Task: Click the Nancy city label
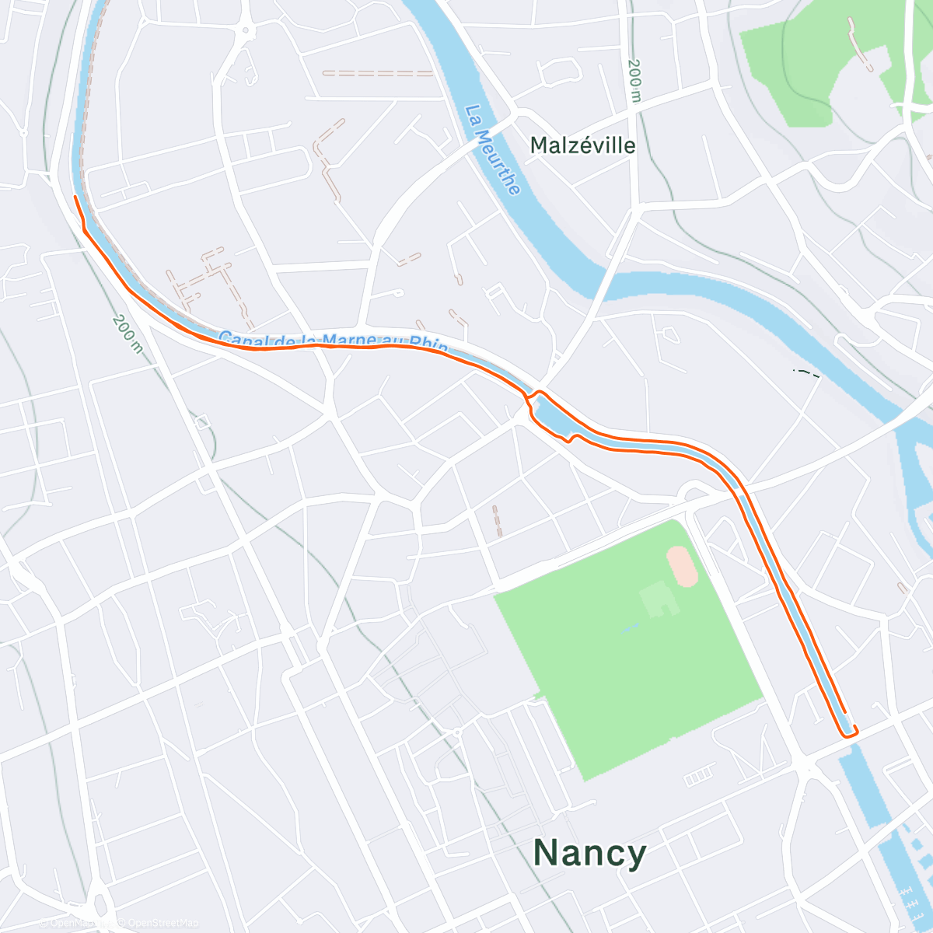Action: pos(589,853)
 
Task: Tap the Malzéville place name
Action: pos(582,145)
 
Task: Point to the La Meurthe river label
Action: pos(493,149)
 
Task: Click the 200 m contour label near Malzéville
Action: pos(634,81)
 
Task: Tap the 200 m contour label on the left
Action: pos(128,334)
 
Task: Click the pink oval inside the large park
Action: pos(682,566)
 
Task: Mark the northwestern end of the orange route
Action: pos(75,197)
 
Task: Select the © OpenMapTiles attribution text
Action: pos(75,923)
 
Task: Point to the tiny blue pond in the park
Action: pos(631,626)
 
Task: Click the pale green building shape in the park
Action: pos(655,598)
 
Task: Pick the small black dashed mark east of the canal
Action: pos(806,373)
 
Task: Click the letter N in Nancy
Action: pos(548,853)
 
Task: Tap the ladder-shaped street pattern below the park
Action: pos(698,775)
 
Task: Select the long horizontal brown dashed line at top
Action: pos(378,73)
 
